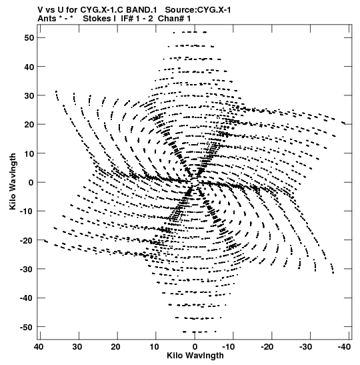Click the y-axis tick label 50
click(x=29, y=38)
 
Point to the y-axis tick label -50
click(x=27, y=327)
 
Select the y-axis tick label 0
click(x=31, y=182)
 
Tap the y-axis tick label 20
click(x=29, y=125)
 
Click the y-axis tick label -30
click(x=27, y=269)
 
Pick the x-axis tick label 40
click(x=39, y=347)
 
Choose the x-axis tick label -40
click(x=344, y=347)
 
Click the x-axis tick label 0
click(x=195, y=347)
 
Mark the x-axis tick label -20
click(x=267, y=347)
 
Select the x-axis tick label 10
click(x=154, y=347)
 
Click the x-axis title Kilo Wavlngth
click(x=195, y=356)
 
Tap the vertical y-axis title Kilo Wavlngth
click(x=13, y=181)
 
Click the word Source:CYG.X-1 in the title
click(x=198, y=10)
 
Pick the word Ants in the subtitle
click(x=47, y=19)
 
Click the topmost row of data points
click(x=190, y=32)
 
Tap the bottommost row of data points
click(x=199, y=332)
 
